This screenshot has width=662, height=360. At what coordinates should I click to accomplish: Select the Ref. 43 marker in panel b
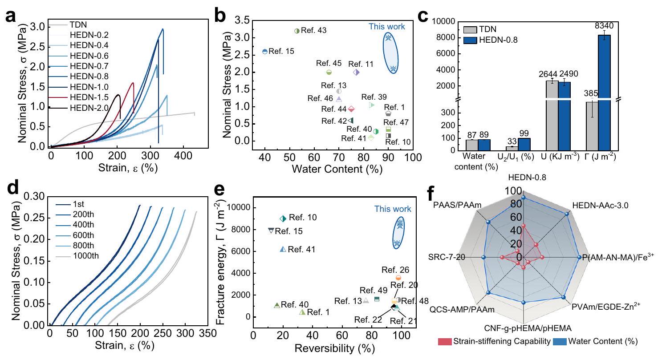pyautogui.click(x=297, y=31)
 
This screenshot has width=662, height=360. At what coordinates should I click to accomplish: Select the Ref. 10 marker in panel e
pyautogui.click(x=282, y=218)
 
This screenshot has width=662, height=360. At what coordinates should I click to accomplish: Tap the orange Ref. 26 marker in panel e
pyautogui.click(x=398, y=278)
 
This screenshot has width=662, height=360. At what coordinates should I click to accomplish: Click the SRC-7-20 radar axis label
pyautogui.click(x=448, y=257)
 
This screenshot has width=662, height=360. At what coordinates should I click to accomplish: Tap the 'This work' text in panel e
pyautogui.click(x=393, y=209)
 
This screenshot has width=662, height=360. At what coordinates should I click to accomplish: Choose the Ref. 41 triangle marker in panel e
pyautogui.click(x=282, y=249)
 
